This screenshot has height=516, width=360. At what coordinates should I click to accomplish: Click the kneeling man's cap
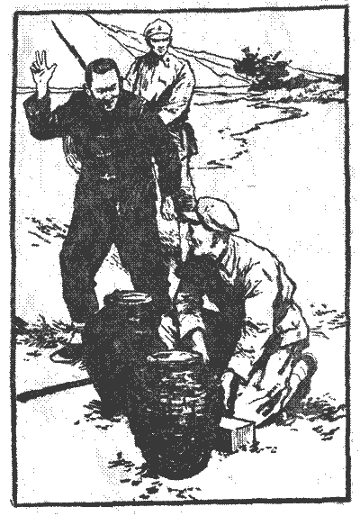(217, 213)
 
